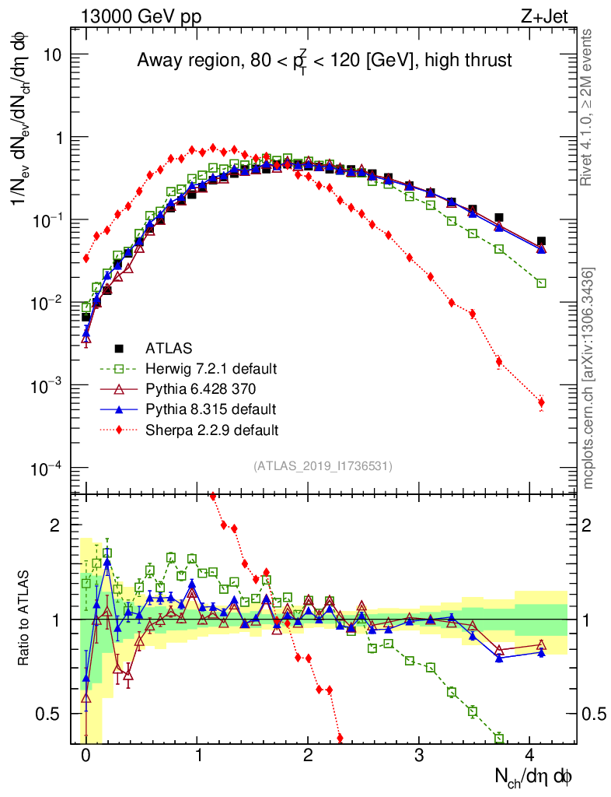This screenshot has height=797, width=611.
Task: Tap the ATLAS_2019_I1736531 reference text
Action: pyautogui.click(x=323, y=466)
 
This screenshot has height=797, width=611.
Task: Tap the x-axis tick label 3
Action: pyautogui.click(x=419, y=754)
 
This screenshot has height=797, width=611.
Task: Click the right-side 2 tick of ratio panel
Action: pyautogui.click(x=590, y=525)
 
